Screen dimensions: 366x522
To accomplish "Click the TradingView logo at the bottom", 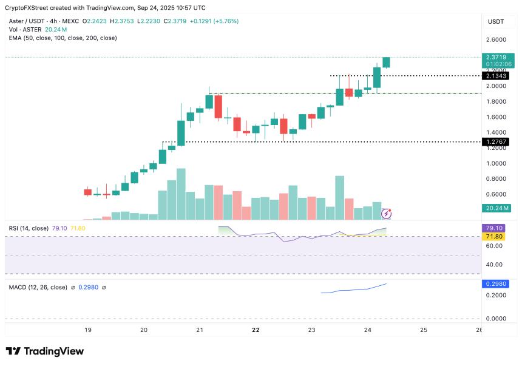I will click(44, 351).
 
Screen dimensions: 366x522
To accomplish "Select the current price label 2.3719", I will click(496, 57).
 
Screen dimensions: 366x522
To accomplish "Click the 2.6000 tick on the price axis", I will click(496, 40).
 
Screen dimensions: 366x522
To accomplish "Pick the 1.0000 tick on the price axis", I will click(496, 164).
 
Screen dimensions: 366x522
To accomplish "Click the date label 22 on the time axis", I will click(256, 330).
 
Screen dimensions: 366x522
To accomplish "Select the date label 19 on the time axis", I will click(88, 330).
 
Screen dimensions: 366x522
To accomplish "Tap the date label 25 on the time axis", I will click(424, 330).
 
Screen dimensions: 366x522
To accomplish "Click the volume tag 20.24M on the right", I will click(496, 208).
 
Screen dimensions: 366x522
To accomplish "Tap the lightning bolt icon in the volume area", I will click(387, 214).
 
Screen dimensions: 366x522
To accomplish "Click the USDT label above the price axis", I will click(496, 21).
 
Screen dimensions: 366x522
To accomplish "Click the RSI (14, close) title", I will click(29, 228).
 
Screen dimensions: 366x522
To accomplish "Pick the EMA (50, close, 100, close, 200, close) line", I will click(63, 38).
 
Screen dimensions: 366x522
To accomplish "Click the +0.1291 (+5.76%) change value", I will click(215, 21).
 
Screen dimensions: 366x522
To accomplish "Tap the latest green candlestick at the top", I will click(386, 62).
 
